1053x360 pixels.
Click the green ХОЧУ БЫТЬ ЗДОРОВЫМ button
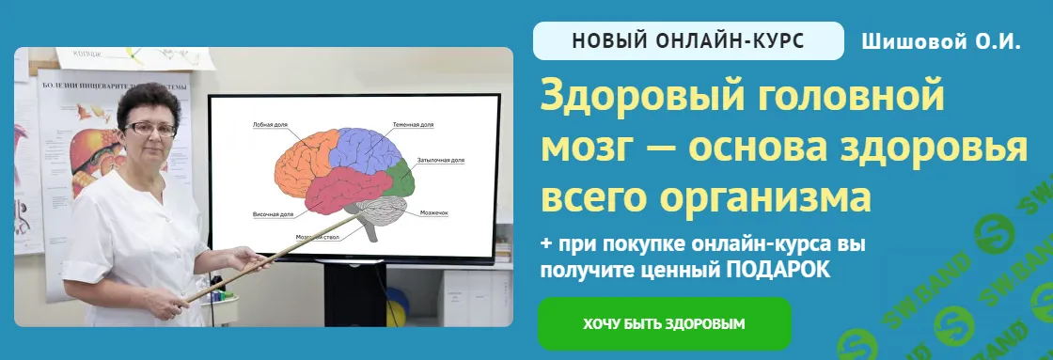coord(664,324)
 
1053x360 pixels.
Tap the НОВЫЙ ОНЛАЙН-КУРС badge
coord(688,41)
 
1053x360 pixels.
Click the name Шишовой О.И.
coord(940,41)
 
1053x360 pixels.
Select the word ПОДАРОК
coord(778,270)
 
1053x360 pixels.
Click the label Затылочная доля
coord(441,161)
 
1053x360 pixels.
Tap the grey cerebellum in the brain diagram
coord(384,213)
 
